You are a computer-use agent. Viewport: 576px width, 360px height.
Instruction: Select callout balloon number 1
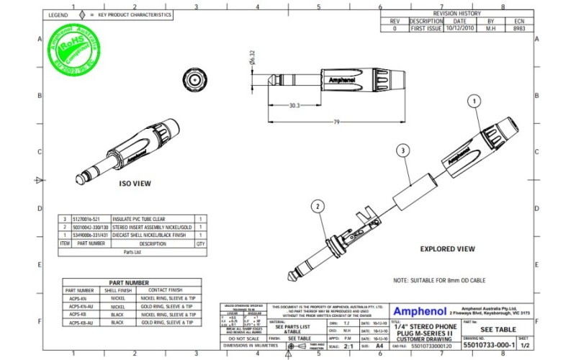[x=474, y=102]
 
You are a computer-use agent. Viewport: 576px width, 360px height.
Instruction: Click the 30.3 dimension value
[x=294, y=105]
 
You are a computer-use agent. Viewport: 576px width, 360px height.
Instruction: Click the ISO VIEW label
[x=135, y=184]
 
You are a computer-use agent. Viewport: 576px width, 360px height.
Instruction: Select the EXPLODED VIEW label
[x=447, y=249]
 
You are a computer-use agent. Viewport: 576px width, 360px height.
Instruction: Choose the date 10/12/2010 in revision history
[x=460, y=29]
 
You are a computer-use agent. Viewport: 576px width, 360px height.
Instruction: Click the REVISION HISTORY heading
[x=456, y=14]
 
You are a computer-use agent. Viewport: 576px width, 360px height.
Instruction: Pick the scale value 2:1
[x=349, y=346]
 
